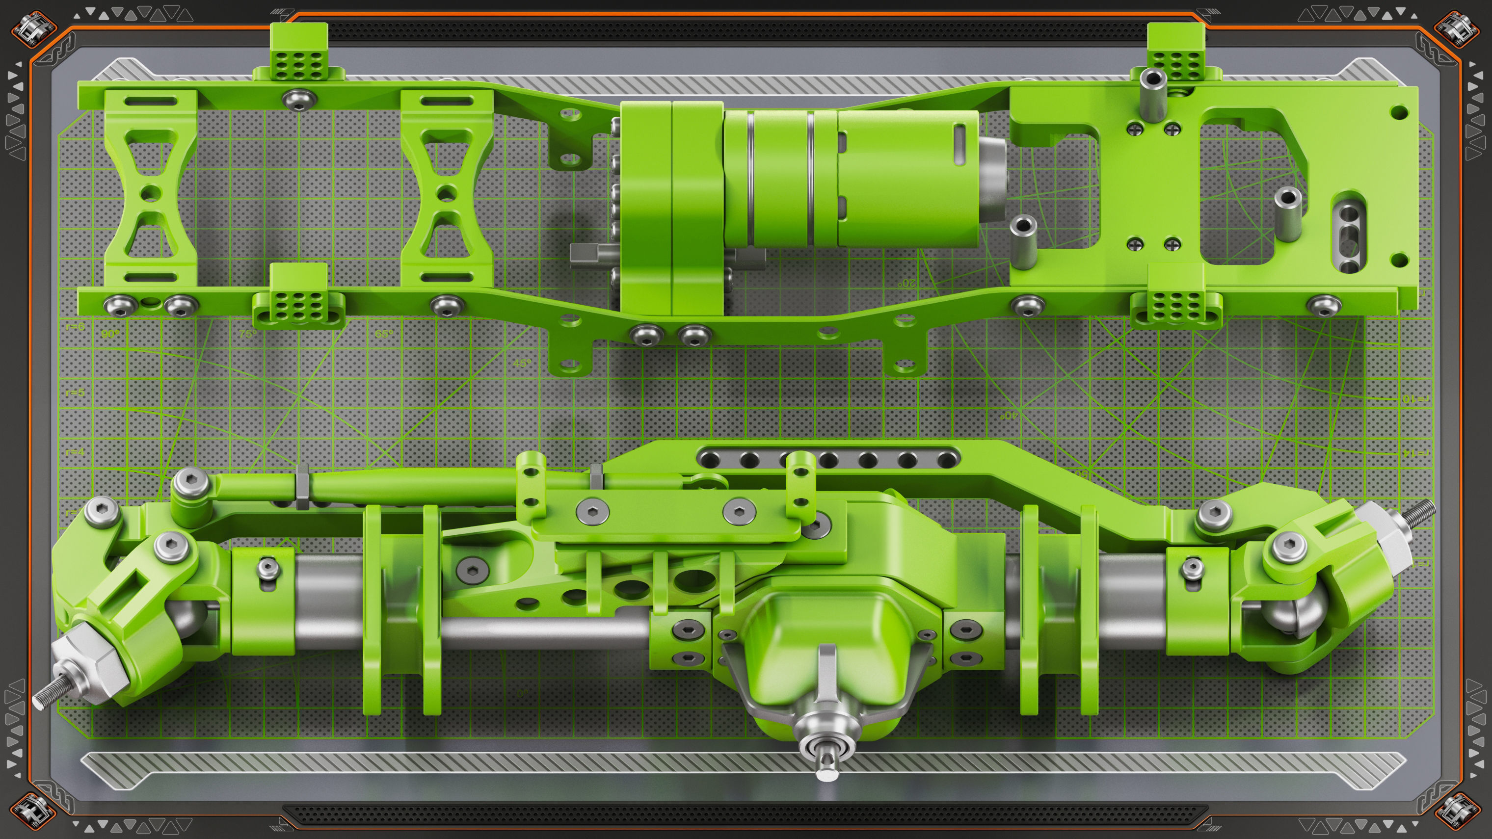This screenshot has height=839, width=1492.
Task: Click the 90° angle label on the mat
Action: click(109, 334)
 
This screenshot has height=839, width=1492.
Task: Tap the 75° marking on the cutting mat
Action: click(247, 334)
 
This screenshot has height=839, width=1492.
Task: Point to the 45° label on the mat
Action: click(522, 364)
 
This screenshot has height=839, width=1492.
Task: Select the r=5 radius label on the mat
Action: click(75, 393)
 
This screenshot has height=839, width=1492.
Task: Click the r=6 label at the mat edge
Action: click(75, 327)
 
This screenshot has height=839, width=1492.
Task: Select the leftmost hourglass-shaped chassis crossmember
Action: click(150, 190)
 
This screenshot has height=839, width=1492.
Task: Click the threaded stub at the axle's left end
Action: click(44, 700)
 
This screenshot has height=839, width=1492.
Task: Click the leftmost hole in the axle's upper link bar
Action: click(710, 460)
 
